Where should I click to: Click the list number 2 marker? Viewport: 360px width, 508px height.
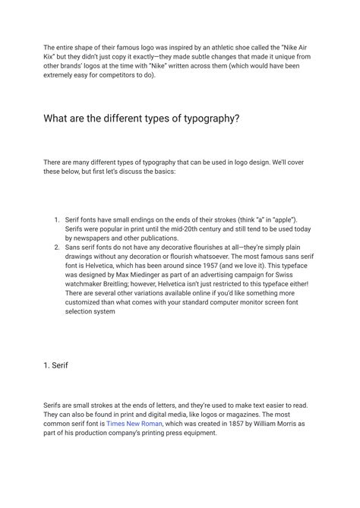(57, 248)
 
